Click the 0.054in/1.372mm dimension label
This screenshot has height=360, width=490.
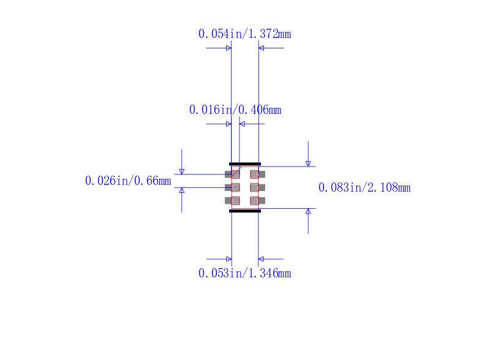244,34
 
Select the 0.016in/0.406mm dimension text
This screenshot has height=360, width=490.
235,110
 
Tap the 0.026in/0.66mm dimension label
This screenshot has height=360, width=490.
128,181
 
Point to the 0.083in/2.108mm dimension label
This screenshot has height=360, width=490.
364,187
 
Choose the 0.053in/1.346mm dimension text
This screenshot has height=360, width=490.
244,273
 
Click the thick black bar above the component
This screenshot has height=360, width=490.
245,163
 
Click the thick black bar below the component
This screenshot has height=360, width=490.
245,211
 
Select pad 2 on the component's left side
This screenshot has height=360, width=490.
232,187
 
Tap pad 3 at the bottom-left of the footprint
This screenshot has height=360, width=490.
232,201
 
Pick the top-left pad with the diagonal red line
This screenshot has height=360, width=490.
232,174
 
